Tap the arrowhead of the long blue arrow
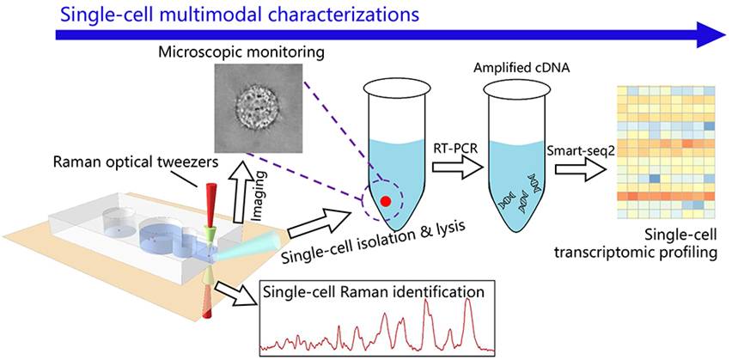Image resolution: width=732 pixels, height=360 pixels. [711, 35]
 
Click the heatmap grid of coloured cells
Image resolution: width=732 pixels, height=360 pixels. [666, 144]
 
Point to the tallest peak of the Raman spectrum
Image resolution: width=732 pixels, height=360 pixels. [468, 302]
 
